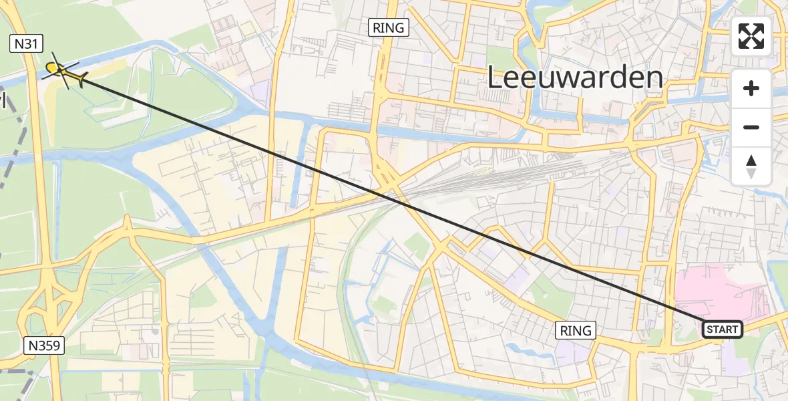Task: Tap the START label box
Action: point(722,329)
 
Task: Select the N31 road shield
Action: point(27,45)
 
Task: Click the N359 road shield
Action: point(45,346)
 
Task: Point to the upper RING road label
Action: point(389,27)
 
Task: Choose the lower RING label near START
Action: point(576,330)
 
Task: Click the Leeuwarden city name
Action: point(575,78)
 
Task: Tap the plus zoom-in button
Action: point(751,88)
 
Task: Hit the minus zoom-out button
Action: point(751,127)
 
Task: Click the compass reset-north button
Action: point(751,166)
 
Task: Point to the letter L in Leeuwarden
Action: point(496,78)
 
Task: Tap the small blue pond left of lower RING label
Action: point(518,348)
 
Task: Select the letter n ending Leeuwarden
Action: point(654,78)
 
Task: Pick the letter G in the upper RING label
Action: point(400,27)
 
